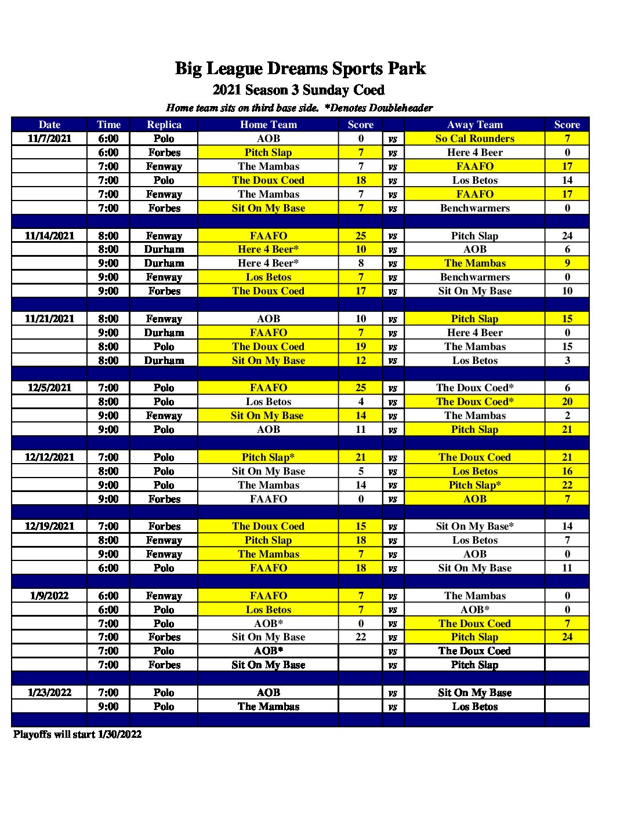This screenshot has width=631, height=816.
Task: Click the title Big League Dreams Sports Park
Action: [x=300, y=69]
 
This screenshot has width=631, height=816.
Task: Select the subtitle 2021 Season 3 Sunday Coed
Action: [x=298, y=90]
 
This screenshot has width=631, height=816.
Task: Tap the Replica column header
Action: [x=164, y=125]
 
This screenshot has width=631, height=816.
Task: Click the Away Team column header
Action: [x=474, y=125]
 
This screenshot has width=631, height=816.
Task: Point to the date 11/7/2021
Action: [x=49, y=139]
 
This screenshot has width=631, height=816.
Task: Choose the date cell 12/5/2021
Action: [x=49, y=388]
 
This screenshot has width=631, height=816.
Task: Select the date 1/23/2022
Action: [x=49, y=693]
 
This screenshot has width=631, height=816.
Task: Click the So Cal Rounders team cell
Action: [x=474, y=139]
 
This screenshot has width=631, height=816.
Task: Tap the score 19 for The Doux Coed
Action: [x=361, y=347]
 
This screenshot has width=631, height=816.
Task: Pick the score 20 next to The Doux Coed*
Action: [x=567, y=402]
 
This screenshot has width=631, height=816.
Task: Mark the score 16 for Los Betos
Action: [x=567, y=471]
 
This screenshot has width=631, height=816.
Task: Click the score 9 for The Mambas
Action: [x=567, y=263]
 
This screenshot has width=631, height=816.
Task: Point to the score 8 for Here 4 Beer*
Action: [x=361, y=263]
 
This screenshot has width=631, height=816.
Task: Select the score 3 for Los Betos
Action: [x=567, y=360]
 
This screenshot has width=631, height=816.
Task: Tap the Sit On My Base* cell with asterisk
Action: [x=474, y=526]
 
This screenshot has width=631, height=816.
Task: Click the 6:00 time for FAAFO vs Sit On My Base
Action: [x=108, y=568]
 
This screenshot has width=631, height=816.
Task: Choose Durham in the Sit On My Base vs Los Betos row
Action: [x=164, y=360]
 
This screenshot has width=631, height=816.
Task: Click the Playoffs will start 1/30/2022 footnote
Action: [x=77, y=734]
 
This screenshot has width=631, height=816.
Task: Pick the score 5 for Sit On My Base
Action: [x=361, y=471]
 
